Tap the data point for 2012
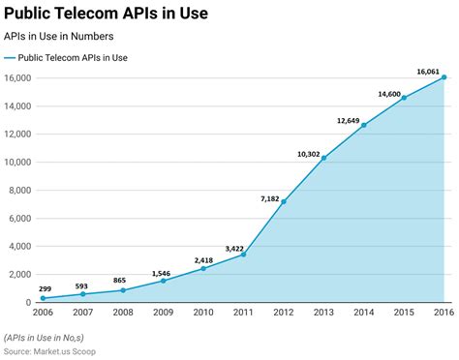[283, 201]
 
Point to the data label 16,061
[428, 71]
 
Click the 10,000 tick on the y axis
[19, 162]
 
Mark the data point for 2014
[364, 125]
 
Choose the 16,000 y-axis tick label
[19, 77]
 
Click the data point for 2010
[202, 268]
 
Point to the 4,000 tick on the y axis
[22, 246]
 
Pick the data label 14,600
[388, 93]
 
